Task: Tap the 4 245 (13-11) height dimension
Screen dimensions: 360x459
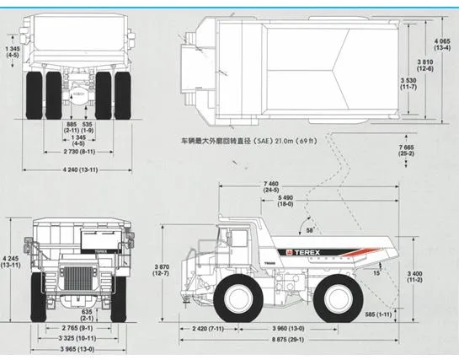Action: (11, 261)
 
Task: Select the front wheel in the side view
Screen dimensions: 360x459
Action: (240, 297)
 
